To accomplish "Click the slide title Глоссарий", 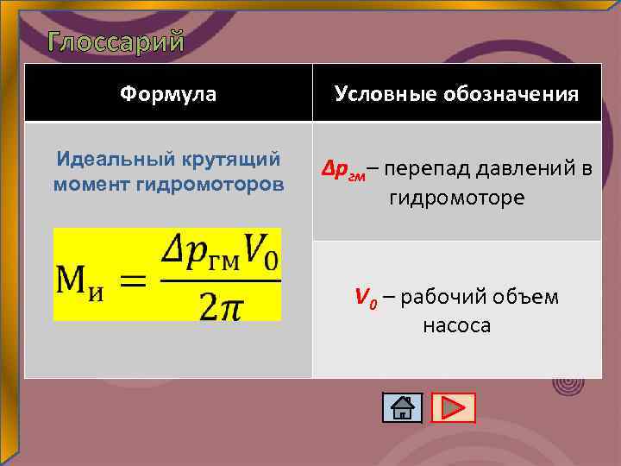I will (116, 41).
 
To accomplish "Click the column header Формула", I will (168, 93).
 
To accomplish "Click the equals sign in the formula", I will (134, 279).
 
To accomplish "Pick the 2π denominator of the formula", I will (220, 304).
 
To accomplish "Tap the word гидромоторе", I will (456, 198).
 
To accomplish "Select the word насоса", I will (456, 326).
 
